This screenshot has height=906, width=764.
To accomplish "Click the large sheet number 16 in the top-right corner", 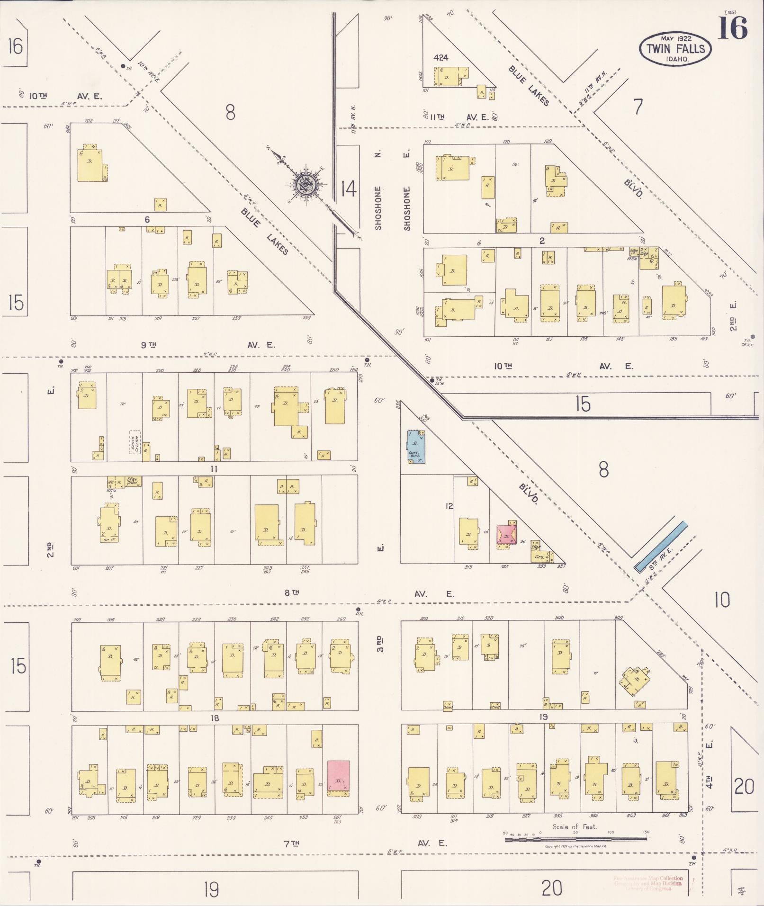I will tap(732, 28).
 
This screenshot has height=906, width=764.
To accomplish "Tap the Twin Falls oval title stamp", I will tap(675, 49).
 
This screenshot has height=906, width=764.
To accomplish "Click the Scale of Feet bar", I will tap(575, 839).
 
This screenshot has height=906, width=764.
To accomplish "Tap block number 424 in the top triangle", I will tap(440, 58).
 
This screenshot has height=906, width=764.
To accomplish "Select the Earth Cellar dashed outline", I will tap(135, 442).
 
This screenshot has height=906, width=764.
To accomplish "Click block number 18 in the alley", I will tap(215, 718).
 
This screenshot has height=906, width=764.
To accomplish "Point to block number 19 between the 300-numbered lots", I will tap(543, 717).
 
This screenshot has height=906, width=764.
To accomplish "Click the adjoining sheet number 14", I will tap(348, 189).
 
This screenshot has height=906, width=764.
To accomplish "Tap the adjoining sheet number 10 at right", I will tap(721, 601).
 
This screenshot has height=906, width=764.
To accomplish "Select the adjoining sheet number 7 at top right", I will tap(638, 107).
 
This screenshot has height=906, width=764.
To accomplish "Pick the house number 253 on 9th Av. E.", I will tap(306, 318).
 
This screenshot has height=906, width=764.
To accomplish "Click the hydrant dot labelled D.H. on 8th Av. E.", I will tap(358, 610).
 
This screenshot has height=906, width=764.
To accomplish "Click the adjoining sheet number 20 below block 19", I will tap(551, 888).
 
